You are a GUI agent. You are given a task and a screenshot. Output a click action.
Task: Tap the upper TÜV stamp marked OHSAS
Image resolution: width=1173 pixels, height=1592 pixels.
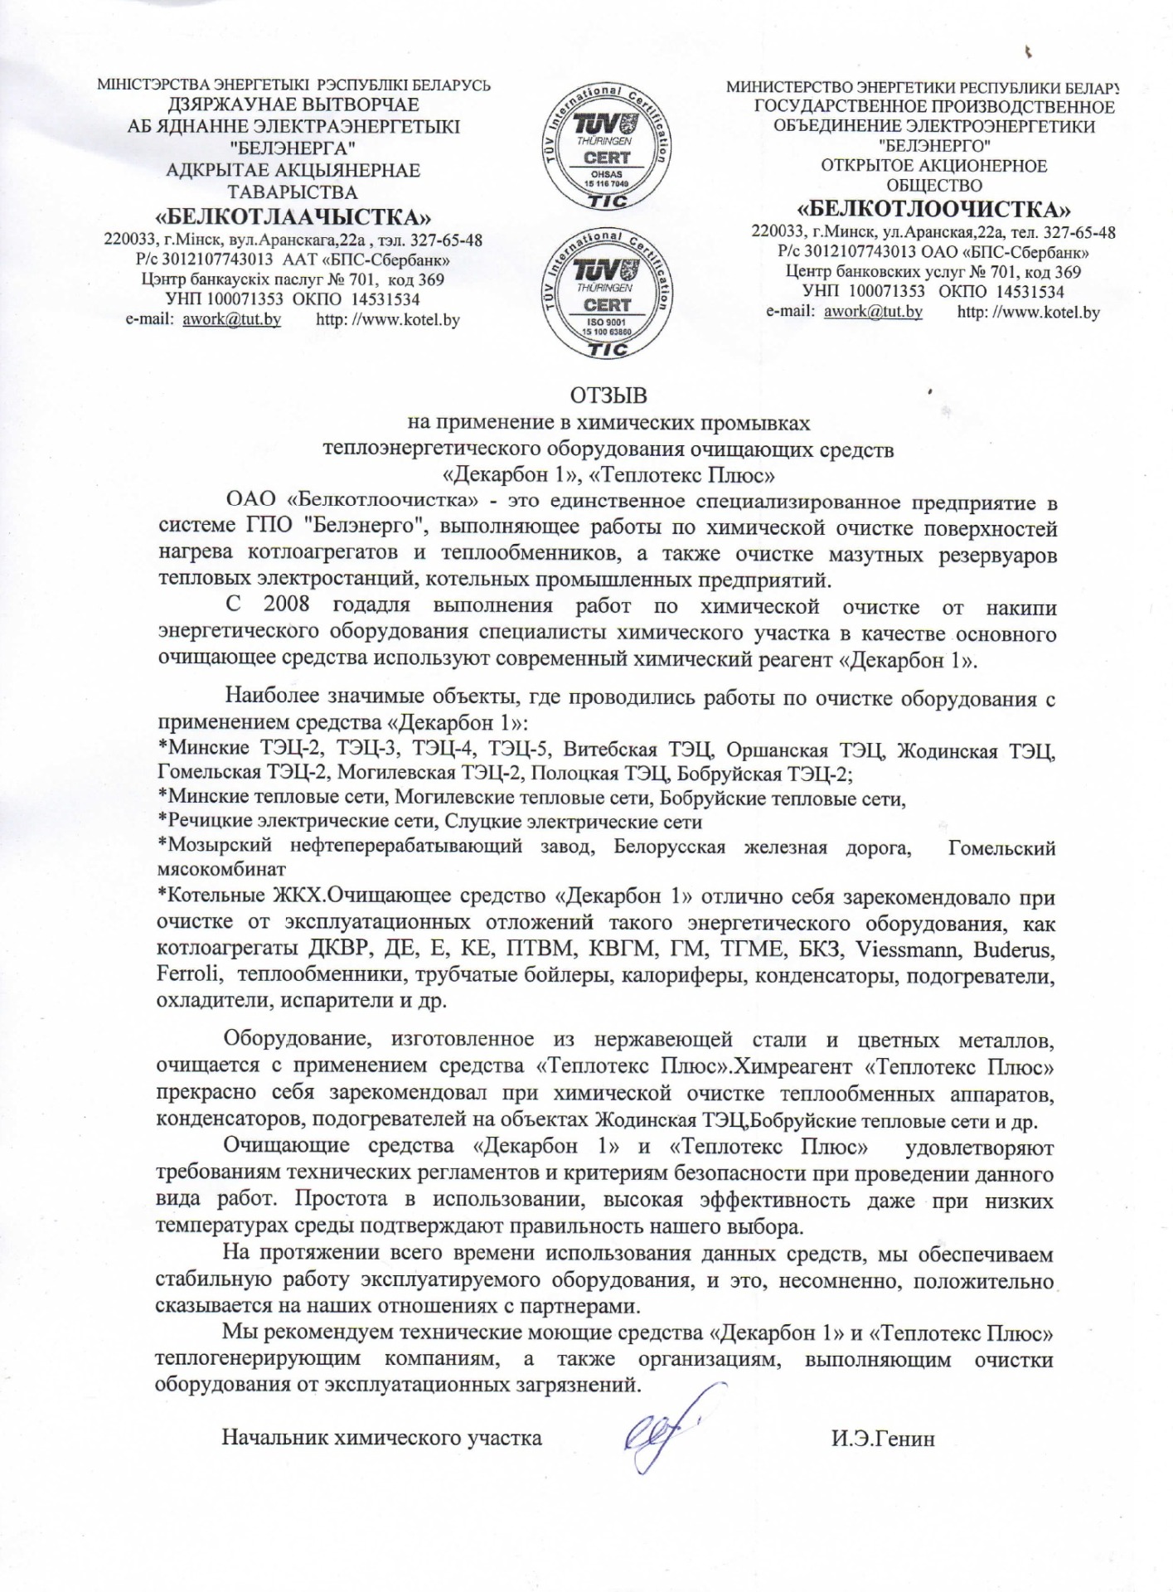[607, 147]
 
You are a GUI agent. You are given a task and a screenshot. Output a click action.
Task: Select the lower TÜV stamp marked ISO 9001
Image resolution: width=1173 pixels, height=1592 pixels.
[607, 292]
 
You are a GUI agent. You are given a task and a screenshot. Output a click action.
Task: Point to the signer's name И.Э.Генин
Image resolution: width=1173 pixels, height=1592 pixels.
[883, 1439]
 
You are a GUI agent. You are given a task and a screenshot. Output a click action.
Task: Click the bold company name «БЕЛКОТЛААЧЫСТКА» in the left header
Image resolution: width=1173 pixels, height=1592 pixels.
[293, 218]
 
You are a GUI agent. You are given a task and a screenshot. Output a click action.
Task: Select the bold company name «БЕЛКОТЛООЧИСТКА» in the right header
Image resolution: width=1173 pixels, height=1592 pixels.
[933, 207]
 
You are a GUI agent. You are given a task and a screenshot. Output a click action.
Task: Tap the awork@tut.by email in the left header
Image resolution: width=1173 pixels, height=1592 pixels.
[231, 320]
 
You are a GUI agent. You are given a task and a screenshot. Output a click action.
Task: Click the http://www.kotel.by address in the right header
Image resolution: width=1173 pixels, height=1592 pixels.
[1028, 313]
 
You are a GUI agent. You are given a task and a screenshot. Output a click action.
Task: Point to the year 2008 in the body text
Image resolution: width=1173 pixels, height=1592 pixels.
[287, 604]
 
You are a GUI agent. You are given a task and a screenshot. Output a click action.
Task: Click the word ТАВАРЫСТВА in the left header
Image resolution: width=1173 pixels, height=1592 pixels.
[293, 192]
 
